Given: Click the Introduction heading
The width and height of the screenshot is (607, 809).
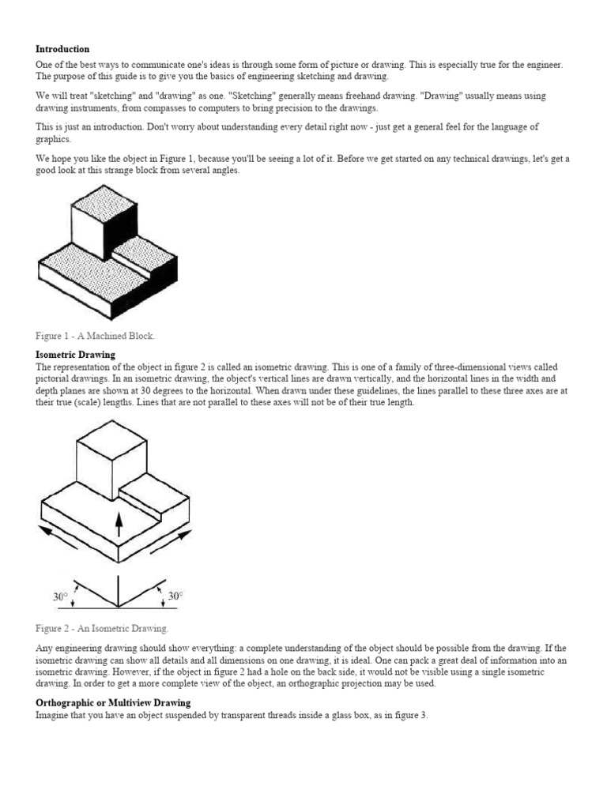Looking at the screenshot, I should [62, 49].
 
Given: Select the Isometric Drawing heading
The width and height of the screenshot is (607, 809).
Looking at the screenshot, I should [75, 355].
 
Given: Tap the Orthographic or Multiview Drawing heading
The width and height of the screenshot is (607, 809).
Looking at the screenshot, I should [113, 702].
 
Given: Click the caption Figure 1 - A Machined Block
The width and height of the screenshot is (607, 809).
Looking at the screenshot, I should [96, 336].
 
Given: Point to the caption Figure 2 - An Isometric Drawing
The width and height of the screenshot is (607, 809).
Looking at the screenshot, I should [102, 629].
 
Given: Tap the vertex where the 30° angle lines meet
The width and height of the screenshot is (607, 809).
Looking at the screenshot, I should [119, 607].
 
